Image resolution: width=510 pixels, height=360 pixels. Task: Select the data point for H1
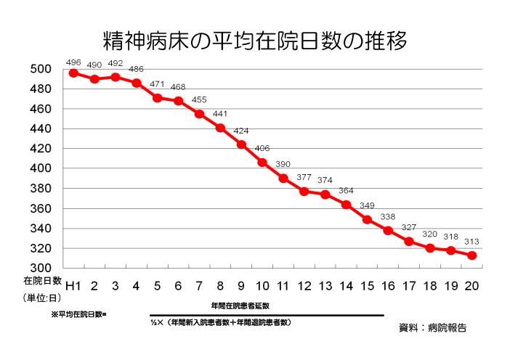point(73,73)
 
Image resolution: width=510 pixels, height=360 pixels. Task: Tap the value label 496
point(73,61)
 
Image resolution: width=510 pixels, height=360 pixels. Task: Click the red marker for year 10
point(262,163)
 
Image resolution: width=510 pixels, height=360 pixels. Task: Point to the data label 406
point(263,148)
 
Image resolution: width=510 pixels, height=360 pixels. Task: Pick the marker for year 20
point(471,255)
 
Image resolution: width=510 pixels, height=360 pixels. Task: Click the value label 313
point(471,242)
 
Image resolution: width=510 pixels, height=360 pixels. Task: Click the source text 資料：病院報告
point(432,327)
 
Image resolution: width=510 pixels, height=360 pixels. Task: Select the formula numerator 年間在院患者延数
point(240,306)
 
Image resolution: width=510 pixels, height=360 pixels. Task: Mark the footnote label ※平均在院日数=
point(78,315)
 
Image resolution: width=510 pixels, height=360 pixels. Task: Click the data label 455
point(200,99)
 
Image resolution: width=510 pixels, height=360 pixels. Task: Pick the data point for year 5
point(158,97)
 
